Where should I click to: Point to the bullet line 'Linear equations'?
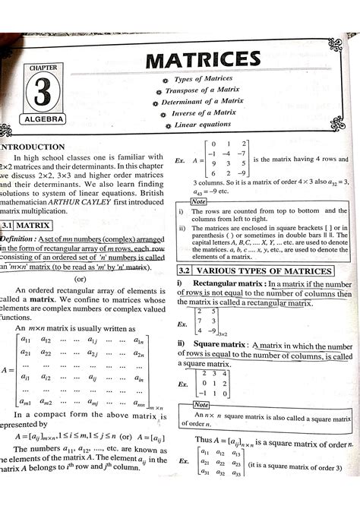[x=202, y=125]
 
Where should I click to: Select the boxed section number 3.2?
[x=184, y=271]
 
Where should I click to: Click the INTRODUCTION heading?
[x=34, y=147]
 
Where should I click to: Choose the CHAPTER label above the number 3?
[x=43, y=68]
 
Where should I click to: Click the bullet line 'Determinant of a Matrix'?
[x=202, y=101]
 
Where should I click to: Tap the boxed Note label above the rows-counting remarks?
[x=199, y=201]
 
